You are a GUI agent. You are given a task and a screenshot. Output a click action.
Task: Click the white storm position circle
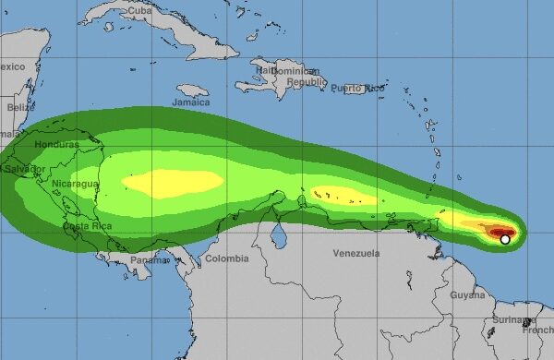[505, 239]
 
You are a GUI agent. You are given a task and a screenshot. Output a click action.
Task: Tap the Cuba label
[138, 10]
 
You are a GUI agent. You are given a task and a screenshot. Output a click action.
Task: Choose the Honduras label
[55, 146]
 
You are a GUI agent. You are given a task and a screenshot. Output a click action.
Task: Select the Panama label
[151, 260]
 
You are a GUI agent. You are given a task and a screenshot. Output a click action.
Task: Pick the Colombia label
[227, 258]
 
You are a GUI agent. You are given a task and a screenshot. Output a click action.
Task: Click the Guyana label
[468, 294]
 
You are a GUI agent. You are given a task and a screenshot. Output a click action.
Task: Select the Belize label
[20, 107]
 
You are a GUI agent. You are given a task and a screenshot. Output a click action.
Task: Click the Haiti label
[266, 69]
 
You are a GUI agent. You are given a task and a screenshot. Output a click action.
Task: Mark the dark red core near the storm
[500, 233]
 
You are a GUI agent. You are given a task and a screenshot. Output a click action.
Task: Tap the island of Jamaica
[192, 90]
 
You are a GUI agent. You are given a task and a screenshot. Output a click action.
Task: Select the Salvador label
[22, 170]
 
